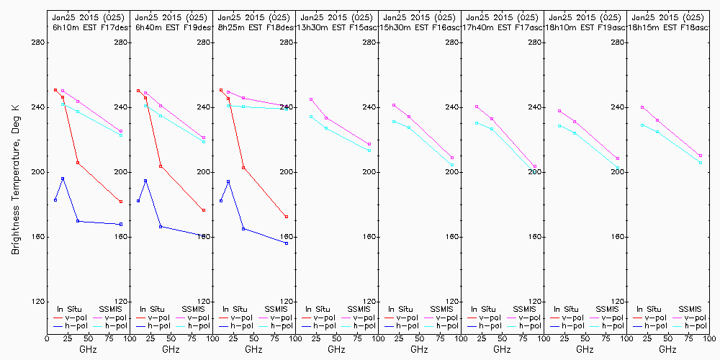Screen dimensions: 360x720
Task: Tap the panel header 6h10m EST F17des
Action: (x=88, y=27)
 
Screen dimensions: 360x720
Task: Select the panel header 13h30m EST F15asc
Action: (x=336, y=27)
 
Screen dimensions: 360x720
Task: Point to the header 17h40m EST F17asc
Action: (x=502, y=27)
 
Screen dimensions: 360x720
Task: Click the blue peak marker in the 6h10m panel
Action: (x=63, y=179)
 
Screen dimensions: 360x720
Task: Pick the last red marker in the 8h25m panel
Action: (x=287, y=217)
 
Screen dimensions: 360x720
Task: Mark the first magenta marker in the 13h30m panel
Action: (x=311, y=99)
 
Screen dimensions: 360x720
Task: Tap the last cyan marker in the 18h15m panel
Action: (x=701, y=163)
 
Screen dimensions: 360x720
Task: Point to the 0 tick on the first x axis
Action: (x=48, y=337)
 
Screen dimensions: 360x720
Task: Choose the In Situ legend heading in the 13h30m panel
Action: (x=318, y=309)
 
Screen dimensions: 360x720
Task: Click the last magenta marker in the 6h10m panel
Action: (x=121, y=131)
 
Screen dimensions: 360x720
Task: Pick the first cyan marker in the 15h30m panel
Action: (x=394, y=122)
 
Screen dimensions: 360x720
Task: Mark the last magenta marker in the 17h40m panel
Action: (x=535, y=167)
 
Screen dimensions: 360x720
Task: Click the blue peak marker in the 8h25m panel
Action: (x=228, y=181)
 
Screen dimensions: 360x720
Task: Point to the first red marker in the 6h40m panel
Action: (x=138, y=91)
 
